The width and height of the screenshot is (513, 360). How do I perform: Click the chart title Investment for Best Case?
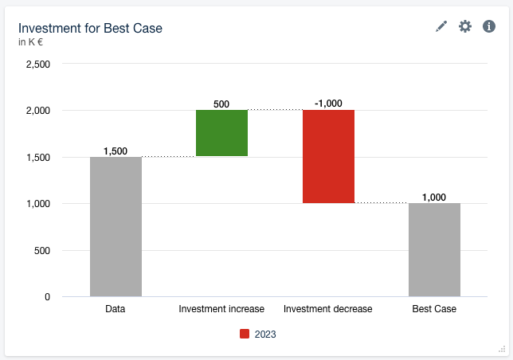pyautogui.click(x=90, y=28)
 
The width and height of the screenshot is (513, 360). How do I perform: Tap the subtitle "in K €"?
pyautogui.click(x=30, y=42)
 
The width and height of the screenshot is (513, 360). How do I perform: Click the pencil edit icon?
pyautogui.click(x=441, y=26)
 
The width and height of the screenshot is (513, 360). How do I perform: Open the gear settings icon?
pyautogui.click(x=465, y=26)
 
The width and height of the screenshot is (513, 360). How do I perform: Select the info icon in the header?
pyautogui.click(x=489, y=26)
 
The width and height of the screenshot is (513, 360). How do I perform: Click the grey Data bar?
pyautogui.click(x=116, y=227)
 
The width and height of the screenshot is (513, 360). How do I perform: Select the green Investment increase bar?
pyautogui.click(x=221, y=133)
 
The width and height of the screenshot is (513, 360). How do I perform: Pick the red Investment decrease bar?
pyautogui.click(x=328, y=157)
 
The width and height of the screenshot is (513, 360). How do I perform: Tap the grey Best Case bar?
pyautogui.click(x=434, y=250)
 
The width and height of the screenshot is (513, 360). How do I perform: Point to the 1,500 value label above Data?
pyautogui.click(x=116, y=151)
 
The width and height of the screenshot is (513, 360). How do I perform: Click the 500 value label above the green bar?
pyautogui.click(x=221, y=104)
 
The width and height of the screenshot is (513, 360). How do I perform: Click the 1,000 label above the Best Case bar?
pyautogui.click(x=434, y=198)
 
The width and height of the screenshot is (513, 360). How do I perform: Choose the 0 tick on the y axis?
pyautogui.click(x=47, y=297)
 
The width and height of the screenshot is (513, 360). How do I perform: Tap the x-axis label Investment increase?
pyautogui.click(x=221, y=309)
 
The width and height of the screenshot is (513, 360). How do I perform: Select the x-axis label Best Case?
pyautogui.click(x=434, y=309)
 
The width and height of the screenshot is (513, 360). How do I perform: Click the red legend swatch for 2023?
pyautogui.click(x=245, y=335)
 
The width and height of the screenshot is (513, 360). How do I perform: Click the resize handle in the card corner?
pyautogui.click(x=502, y=349)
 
